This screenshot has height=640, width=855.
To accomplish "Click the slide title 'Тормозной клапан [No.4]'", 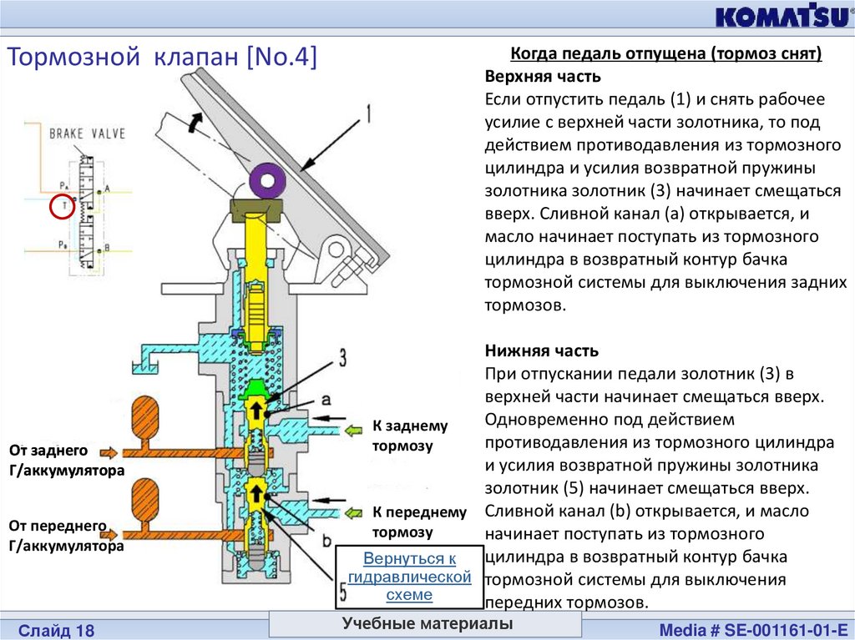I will [163, 58].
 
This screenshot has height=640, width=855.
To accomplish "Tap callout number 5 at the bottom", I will [344, 593].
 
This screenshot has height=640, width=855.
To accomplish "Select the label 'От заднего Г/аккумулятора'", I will [66, 460].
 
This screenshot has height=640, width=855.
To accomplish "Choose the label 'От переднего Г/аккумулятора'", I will [66, 536].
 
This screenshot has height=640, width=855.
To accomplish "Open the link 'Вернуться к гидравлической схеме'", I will [409, 577].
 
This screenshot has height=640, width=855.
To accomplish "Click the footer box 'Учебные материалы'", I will [426, 624].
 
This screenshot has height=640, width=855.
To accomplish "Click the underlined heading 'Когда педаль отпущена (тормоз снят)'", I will [666, 54].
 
